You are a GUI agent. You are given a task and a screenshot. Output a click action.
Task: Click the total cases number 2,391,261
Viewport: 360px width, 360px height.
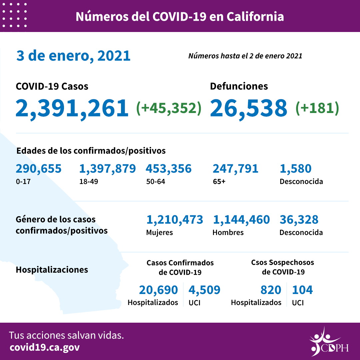[72, 108]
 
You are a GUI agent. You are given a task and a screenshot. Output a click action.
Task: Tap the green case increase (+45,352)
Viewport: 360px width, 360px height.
[169, 108]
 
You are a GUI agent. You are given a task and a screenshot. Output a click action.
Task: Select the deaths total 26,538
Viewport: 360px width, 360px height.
[249, 108]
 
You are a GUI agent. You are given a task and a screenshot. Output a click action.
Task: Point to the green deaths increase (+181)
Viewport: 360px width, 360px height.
[317, 108]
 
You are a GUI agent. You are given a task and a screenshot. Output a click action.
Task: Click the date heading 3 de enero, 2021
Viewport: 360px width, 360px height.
[73, 56]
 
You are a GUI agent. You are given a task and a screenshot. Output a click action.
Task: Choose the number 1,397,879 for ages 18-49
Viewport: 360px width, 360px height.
[107, 169]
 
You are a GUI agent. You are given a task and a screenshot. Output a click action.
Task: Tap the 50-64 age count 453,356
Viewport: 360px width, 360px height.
[168, 169]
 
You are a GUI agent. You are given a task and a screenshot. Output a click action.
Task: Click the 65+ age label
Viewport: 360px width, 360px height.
[218, 182]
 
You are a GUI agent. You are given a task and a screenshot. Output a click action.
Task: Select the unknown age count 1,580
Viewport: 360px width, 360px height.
[295, 169]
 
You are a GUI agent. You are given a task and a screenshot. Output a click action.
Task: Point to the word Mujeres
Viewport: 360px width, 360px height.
[159, 232]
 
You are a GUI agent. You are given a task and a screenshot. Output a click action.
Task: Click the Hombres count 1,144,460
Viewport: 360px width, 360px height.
[241, 220]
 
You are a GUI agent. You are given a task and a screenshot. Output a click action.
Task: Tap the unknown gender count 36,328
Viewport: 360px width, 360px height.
[299, 220]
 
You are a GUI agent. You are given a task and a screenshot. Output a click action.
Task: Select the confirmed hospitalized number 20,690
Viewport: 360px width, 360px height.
[158, 290]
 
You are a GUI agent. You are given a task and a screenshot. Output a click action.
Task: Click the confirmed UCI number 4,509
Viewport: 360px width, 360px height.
[204, 290]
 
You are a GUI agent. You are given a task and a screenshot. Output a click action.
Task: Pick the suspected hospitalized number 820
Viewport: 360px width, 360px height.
[271, 290]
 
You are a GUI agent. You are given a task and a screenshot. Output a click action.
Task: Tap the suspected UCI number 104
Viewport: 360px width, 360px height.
[302, 290]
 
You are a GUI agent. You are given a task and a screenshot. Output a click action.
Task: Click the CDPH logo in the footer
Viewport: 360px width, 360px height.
[328, 342]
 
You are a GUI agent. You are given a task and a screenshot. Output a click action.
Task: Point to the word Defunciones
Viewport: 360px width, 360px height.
[239, 86]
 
